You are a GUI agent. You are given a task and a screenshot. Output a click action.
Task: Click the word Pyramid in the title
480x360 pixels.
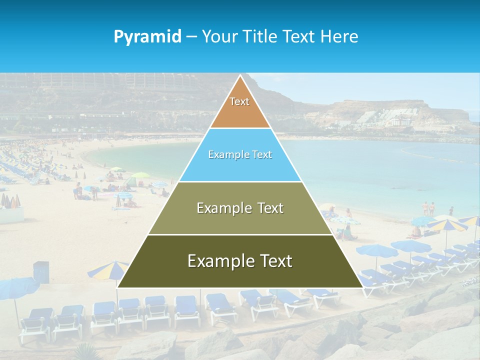coord(147,36)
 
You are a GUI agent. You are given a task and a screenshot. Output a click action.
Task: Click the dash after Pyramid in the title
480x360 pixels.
coord(191,37)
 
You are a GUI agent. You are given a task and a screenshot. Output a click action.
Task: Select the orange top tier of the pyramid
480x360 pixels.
coord(240,112)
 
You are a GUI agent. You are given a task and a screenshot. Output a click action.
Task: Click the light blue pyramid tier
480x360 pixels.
coord(240,167)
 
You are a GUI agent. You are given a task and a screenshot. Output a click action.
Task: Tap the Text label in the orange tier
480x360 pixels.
coord(239,101)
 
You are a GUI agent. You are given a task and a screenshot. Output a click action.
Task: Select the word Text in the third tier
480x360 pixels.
coord(267,207)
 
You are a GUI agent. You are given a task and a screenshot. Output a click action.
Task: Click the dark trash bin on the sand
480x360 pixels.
coord(41,271)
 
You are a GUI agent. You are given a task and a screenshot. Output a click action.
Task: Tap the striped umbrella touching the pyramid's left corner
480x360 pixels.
coord(107,270)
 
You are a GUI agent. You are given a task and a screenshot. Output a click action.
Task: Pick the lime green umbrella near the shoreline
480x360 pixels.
coord(140,175)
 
